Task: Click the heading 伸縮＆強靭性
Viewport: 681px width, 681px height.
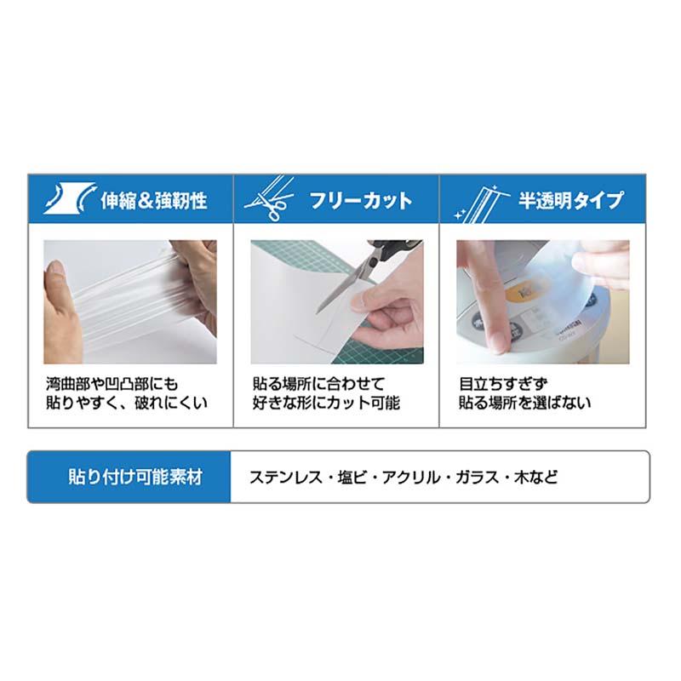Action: tap(154, 201)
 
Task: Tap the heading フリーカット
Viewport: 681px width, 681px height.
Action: tap(361, 201)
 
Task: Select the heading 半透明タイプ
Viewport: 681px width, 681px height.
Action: tap(571, 201)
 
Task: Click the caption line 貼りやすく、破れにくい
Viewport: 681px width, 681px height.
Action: tap(126, 403)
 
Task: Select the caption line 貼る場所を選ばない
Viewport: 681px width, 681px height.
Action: tap(525, 403)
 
